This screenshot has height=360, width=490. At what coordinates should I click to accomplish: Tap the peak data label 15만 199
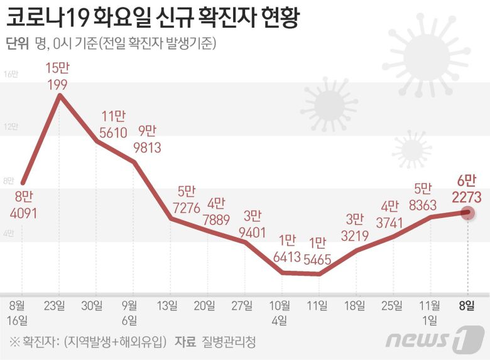point(59,75)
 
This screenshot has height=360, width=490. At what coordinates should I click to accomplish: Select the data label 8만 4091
point(23,205)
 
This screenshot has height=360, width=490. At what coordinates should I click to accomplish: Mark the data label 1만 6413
point(287,249)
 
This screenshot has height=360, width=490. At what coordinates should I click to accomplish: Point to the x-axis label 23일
point(59,306)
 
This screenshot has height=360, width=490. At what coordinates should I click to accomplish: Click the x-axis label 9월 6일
point(130,312)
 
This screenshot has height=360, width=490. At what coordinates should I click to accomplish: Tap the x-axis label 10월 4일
point(280,312)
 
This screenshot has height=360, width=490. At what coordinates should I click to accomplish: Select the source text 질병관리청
point(229,342)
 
